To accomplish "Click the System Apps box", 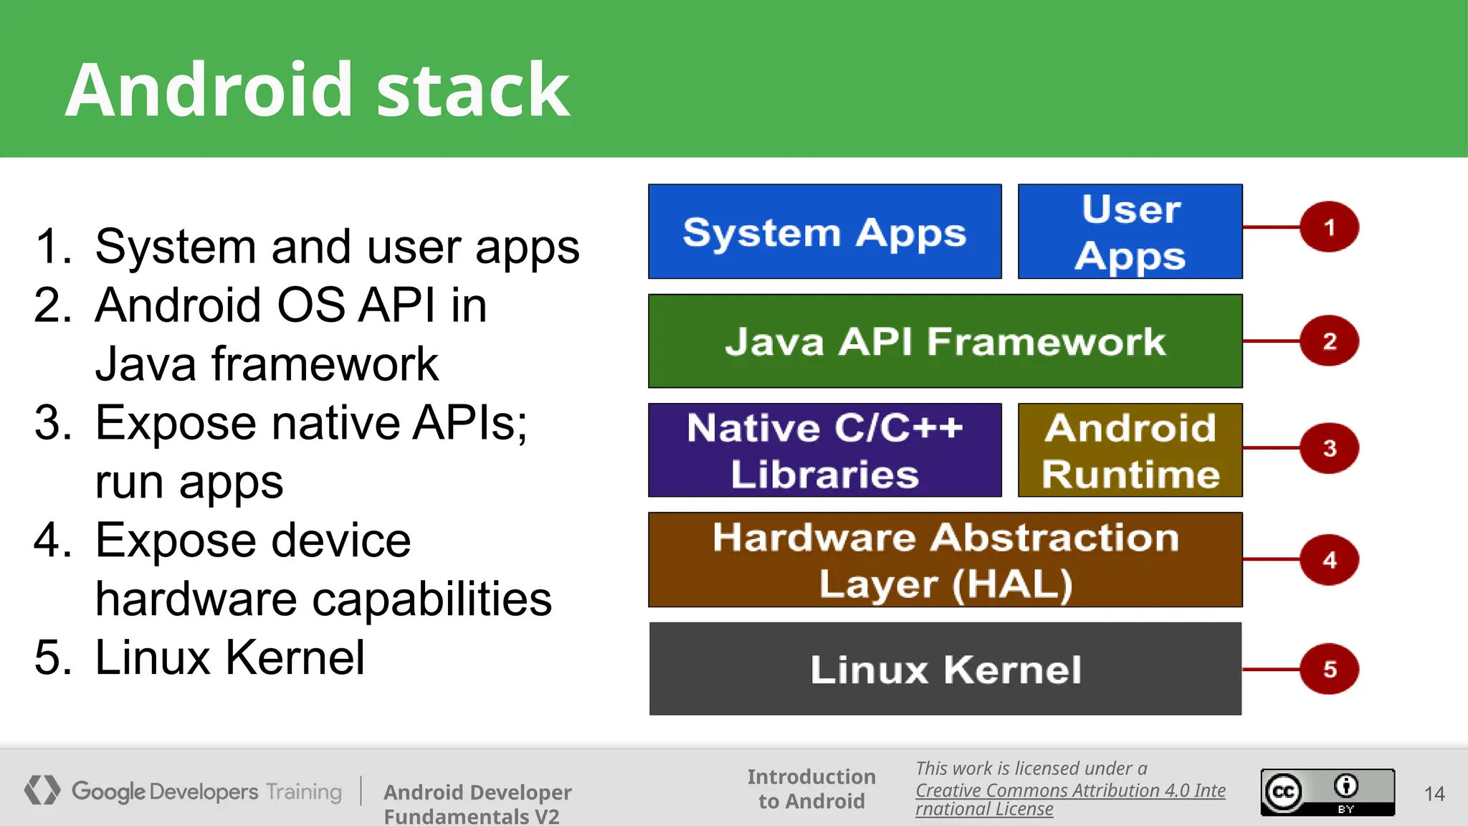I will (x=824, y=232).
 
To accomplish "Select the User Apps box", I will (x=1130, y=232).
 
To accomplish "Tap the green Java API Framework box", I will (x=945, y=341).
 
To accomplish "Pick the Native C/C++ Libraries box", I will (x=824, y=450).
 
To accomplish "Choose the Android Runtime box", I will (x=1130, y=450).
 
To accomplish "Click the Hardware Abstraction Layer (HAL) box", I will (x=945, y=560).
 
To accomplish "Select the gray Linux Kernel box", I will (x=945, y=669).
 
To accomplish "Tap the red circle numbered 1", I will (x=1329, y=227).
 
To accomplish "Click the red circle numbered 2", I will (x=1329, y=341).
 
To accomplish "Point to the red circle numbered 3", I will (x=1329, y=448).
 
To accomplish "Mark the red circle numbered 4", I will (x=1329, y=559).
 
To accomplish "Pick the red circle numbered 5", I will (x=1329, y=669).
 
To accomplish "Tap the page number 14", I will (x=1434, y=794).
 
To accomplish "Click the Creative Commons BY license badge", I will (x=1328, y=792).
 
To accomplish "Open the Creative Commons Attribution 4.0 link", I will (x=1069, y=791).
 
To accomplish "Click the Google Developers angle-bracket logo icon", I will (x=42, y=790).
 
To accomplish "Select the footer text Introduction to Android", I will (x=811, y=789).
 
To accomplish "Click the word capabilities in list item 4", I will (x=433, y=599).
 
